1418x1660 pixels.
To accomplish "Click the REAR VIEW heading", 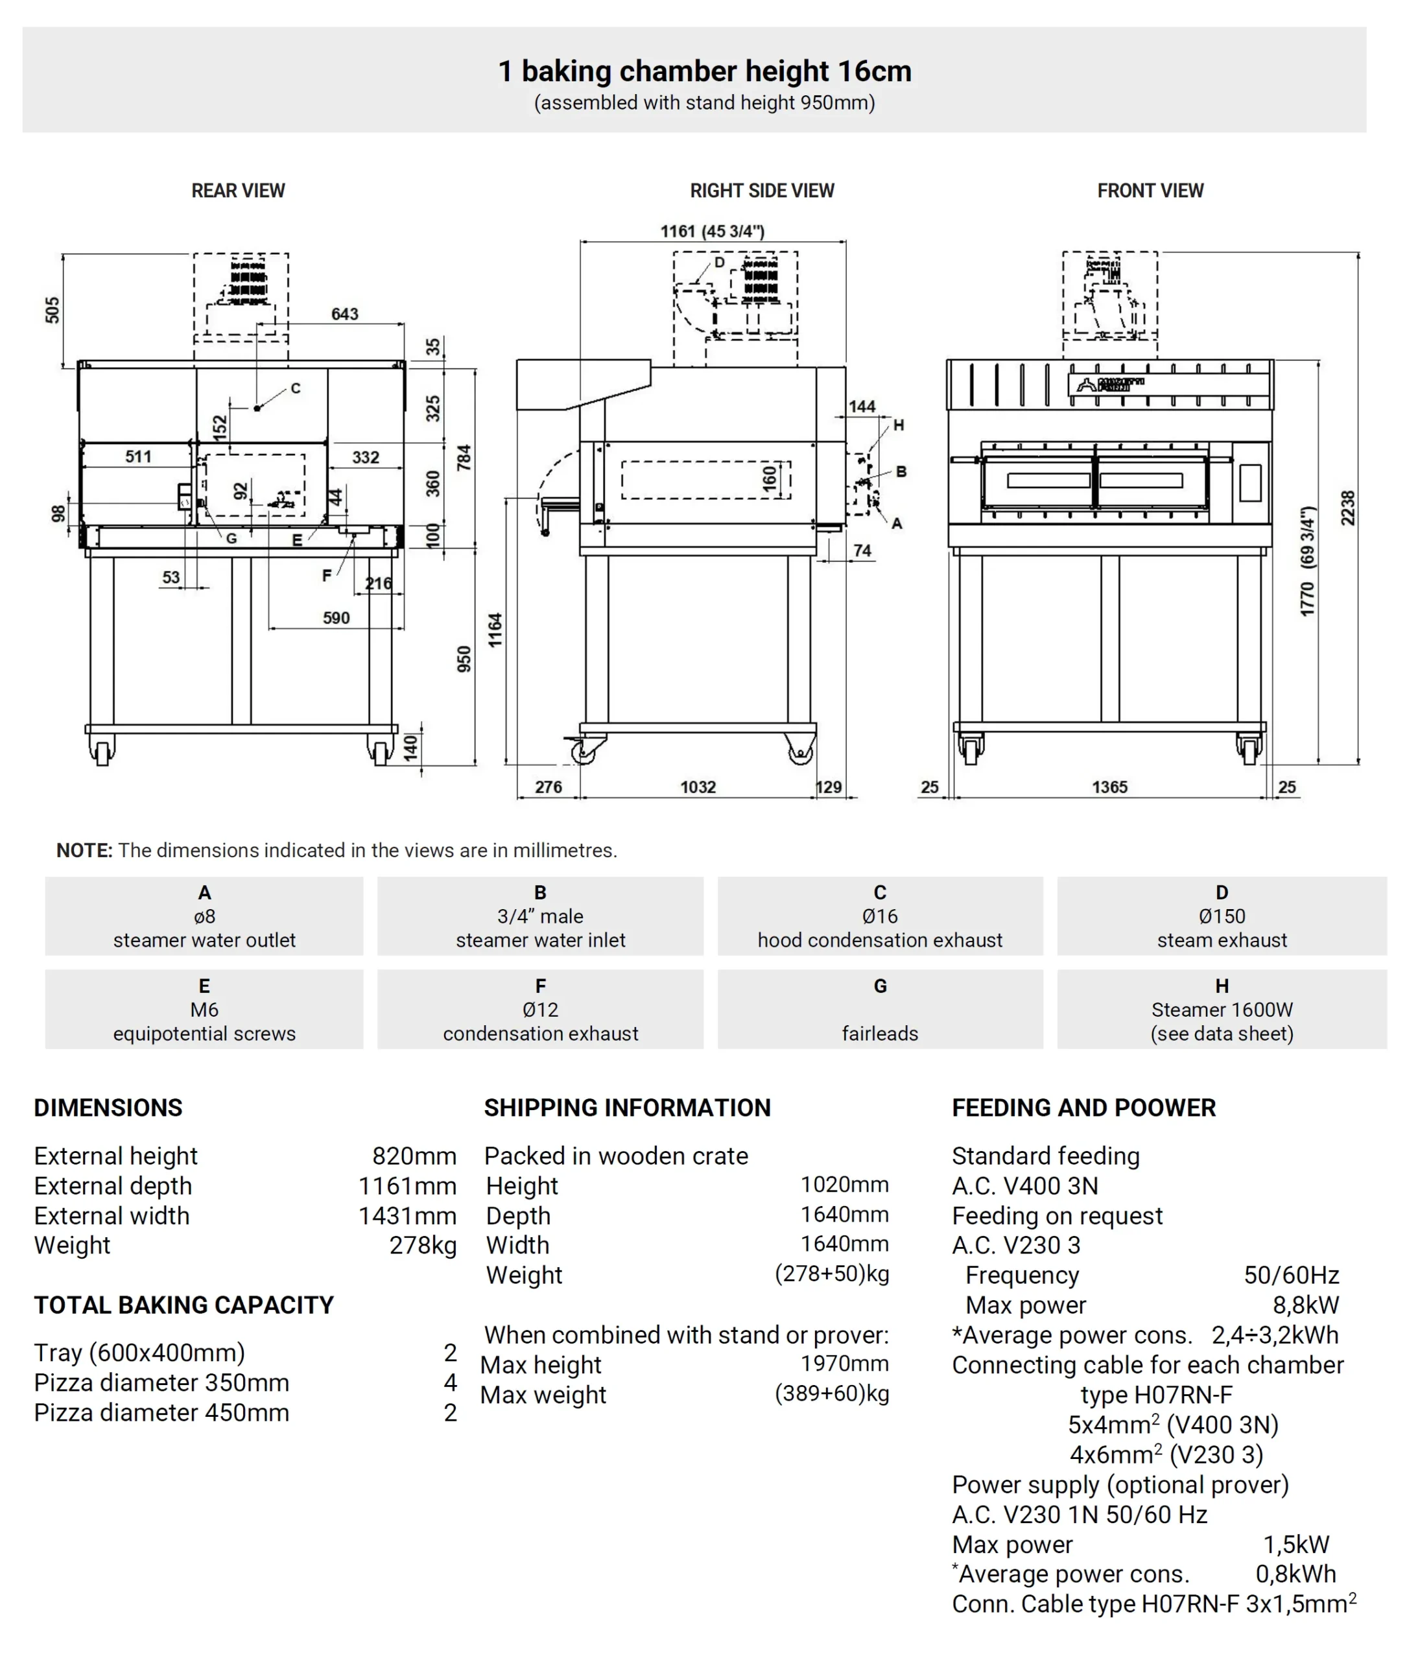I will point(238,191).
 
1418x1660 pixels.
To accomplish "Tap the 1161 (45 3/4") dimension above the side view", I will point(711,231).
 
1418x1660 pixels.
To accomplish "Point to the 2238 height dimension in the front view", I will point(1347,508).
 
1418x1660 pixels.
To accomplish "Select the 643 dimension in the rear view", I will point(344,314).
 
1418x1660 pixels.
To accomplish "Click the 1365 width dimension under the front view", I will point(1109,787).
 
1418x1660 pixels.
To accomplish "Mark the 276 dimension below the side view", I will point(548,787).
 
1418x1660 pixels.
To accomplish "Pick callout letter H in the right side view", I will point(898,425).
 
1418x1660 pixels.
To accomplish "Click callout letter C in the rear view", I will point(296,388).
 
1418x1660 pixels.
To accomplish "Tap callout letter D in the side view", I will point(720,263).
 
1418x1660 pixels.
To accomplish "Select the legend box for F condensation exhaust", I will point(540,1009).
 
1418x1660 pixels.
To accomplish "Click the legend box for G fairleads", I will point(880,1009).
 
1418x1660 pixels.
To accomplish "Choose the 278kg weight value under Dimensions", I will point(422,1245).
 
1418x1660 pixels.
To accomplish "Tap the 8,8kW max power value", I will point(1305,1305).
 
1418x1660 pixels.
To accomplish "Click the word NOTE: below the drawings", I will point(84,850).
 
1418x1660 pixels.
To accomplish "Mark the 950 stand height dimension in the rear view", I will point(464,659).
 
